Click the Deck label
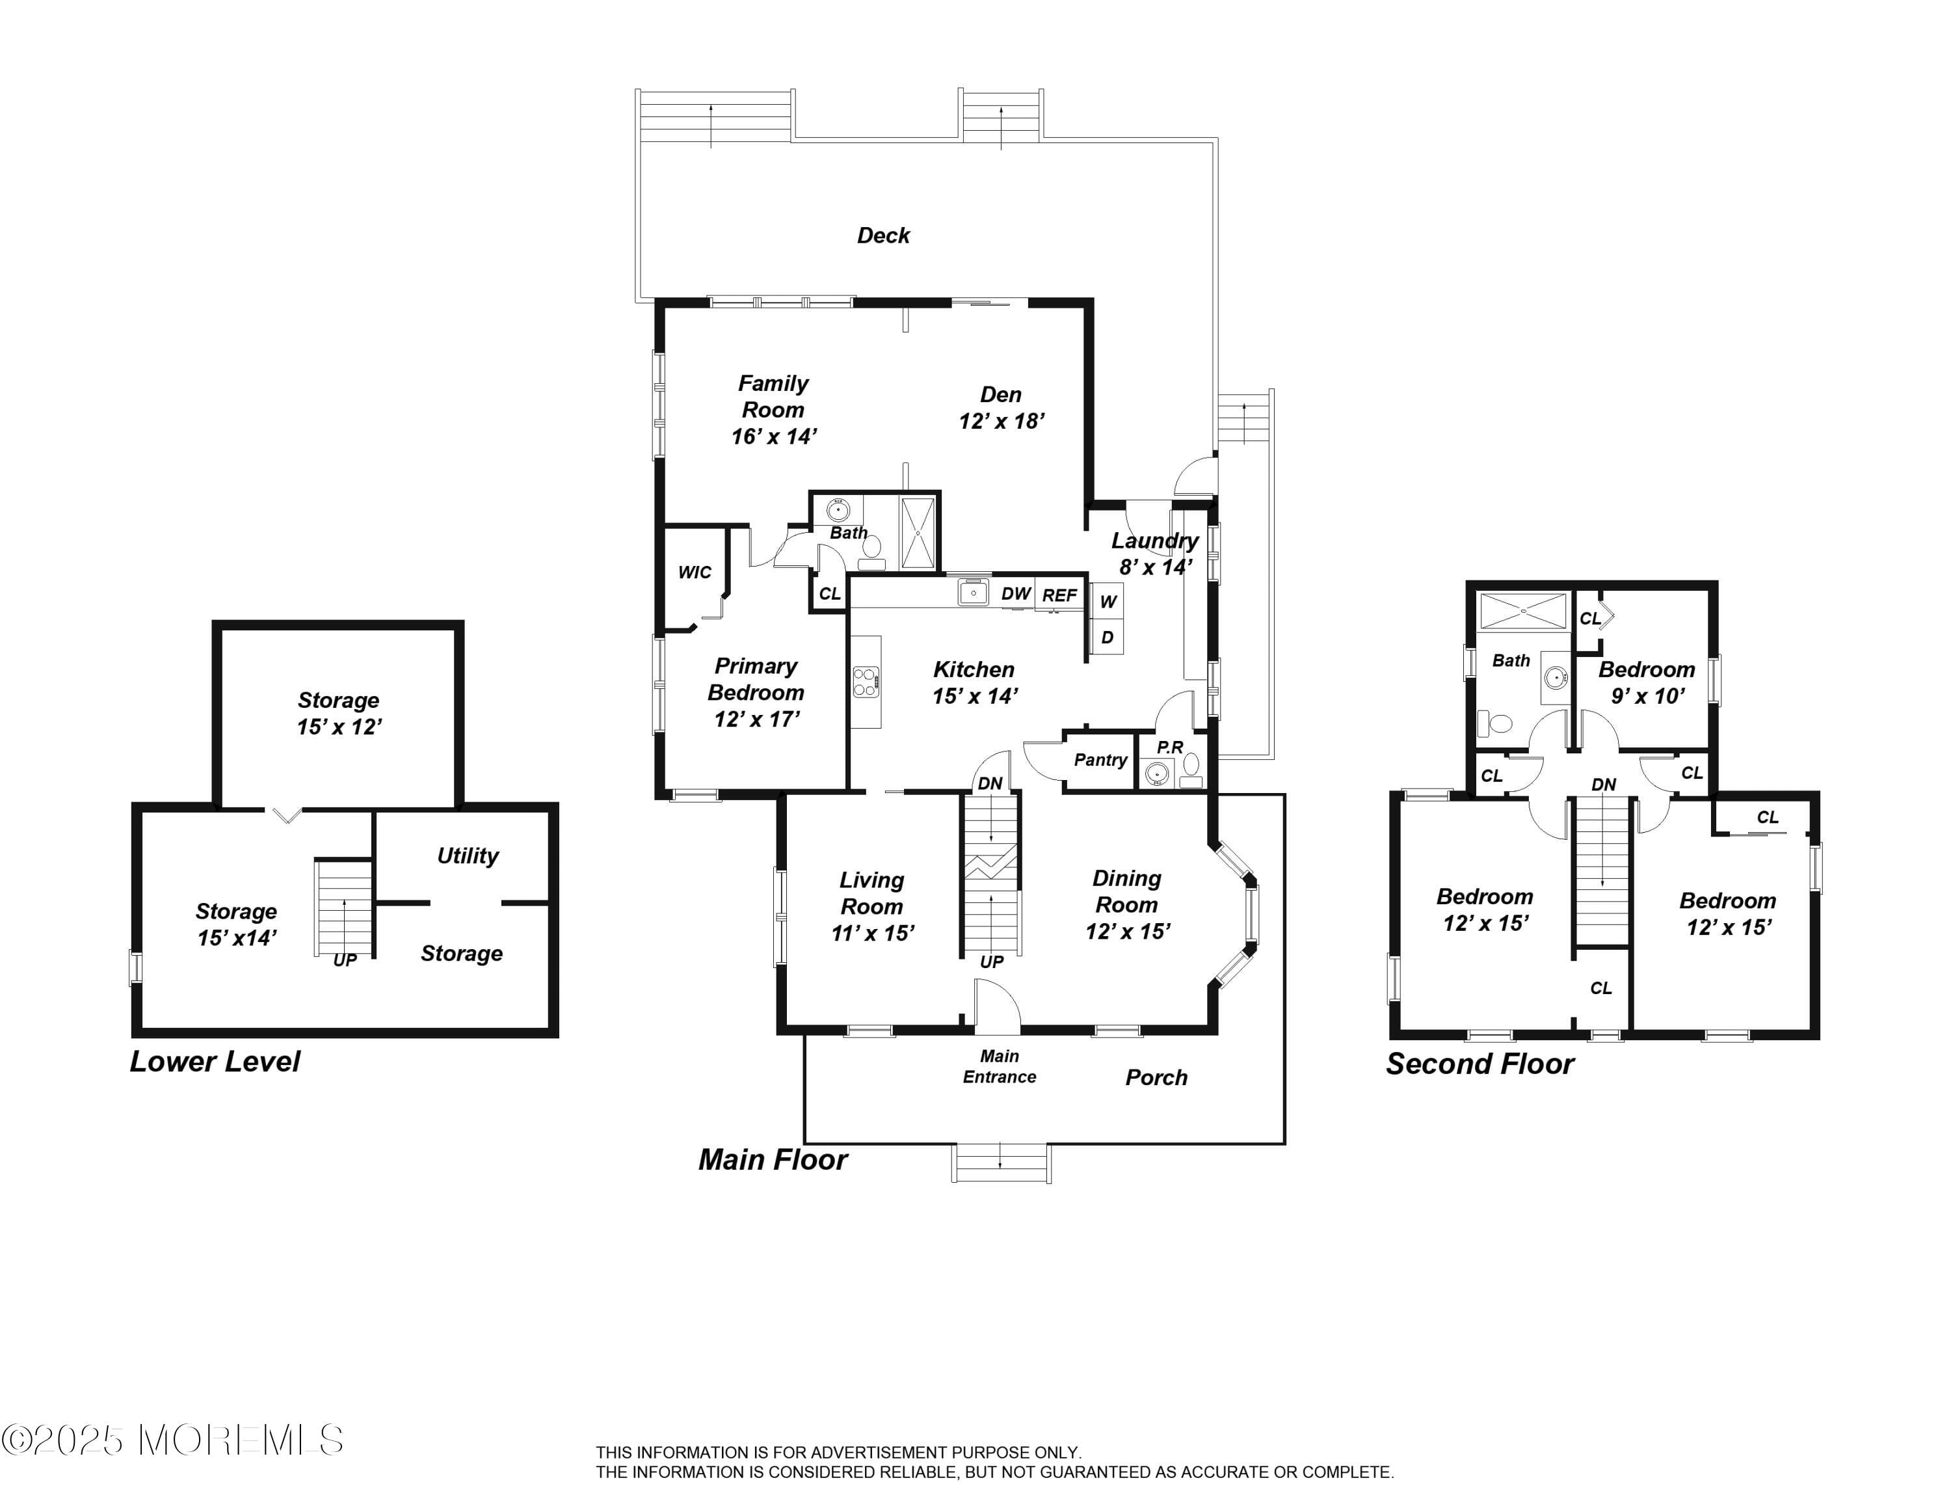(884, 236)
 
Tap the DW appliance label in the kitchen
(1016, 594)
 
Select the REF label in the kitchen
(1059, 595)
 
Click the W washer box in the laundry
(1108, 601)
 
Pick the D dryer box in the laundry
(1108, 637)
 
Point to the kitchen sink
(973, 592)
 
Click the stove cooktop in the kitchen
(866, 682)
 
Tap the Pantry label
(1100, 761)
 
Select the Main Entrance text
(1000, 1067)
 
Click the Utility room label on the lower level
(467, 856)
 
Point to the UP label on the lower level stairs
(345, 960)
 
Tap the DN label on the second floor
(1604, 785)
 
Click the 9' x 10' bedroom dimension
(1648, 696)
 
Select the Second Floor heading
(1480, 1064)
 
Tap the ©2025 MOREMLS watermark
(172, 1440)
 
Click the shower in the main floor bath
(918, 533)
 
